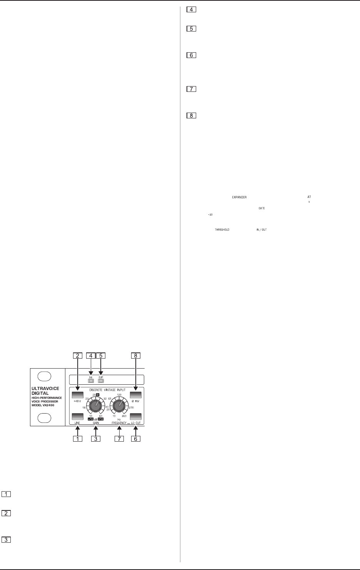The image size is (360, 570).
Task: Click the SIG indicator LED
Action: pos(91,382)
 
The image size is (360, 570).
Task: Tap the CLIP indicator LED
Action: pos(101,382)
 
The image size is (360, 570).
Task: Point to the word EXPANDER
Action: pos(239,197)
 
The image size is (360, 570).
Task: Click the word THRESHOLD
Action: pos(222,230)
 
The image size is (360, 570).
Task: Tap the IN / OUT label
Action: pos(262,230)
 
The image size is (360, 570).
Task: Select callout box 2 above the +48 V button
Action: pos(77,356)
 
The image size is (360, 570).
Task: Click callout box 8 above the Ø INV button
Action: pos(135,356)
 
